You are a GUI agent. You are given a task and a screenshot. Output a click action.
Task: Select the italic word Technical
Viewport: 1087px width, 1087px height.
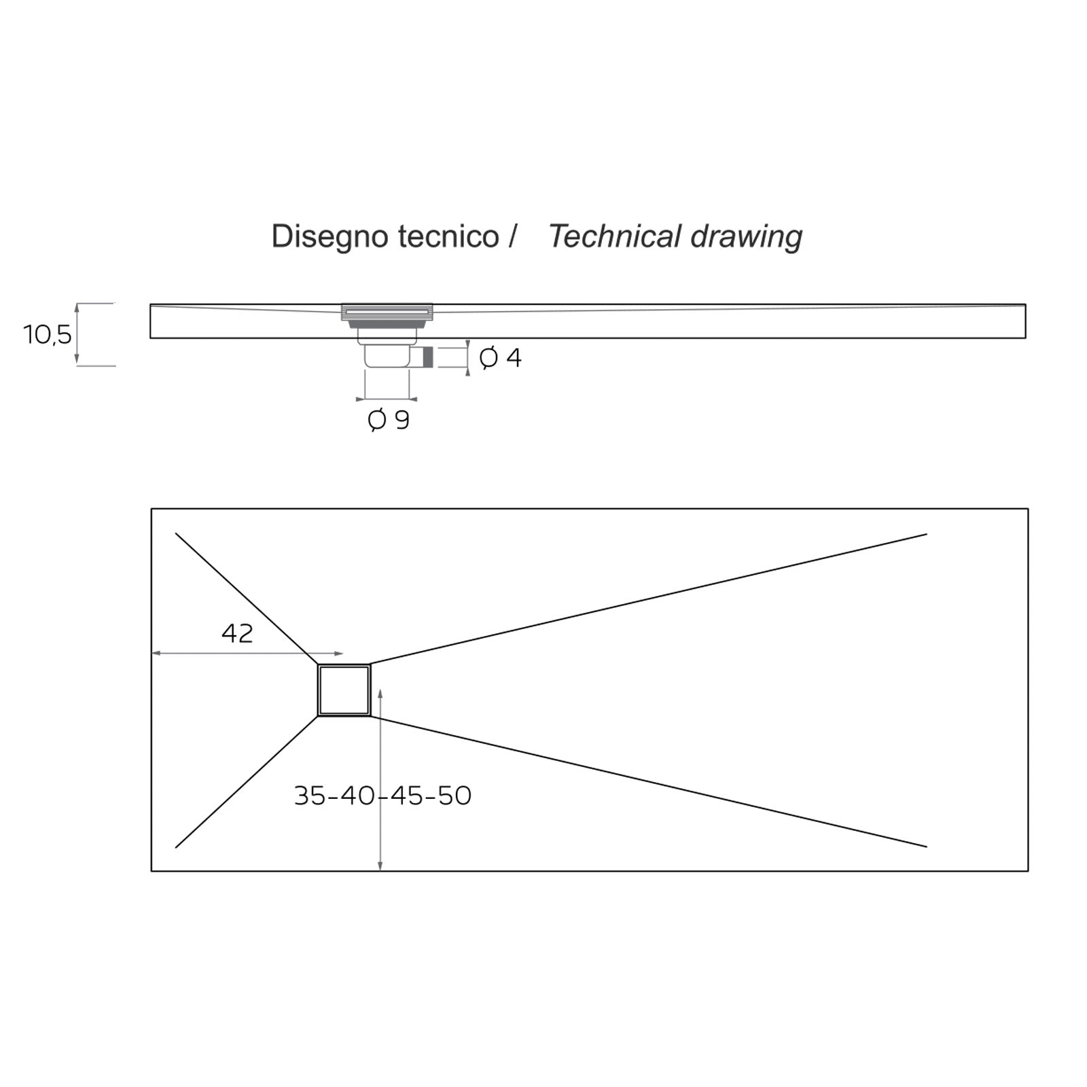614,237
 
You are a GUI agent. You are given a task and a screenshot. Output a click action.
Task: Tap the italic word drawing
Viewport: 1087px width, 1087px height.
746,237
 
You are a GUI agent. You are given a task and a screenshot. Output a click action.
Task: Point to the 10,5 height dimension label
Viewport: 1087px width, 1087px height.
47,334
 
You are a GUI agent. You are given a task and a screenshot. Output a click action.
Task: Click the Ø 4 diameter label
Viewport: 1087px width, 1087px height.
500,357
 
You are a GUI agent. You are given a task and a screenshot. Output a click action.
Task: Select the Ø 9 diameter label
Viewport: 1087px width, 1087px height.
389,421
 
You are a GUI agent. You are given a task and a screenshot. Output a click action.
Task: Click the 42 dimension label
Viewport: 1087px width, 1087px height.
237,633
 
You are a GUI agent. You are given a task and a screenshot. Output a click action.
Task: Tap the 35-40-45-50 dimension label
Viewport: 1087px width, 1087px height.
382,796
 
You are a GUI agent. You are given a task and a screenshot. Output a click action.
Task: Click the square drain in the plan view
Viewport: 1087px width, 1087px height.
344,690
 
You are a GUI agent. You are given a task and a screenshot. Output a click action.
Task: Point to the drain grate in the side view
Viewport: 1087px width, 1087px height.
387,311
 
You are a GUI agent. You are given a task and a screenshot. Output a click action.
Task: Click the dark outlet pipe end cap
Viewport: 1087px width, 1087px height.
428,357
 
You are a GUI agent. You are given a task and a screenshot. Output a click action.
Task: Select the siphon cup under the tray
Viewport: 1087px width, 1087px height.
387,356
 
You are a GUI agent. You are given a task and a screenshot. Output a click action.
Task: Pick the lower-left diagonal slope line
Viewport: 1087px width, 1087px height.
246,782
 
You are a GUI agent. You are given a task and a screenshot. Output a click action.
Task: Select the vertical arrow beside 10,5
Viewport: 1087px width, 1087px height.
77,334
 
